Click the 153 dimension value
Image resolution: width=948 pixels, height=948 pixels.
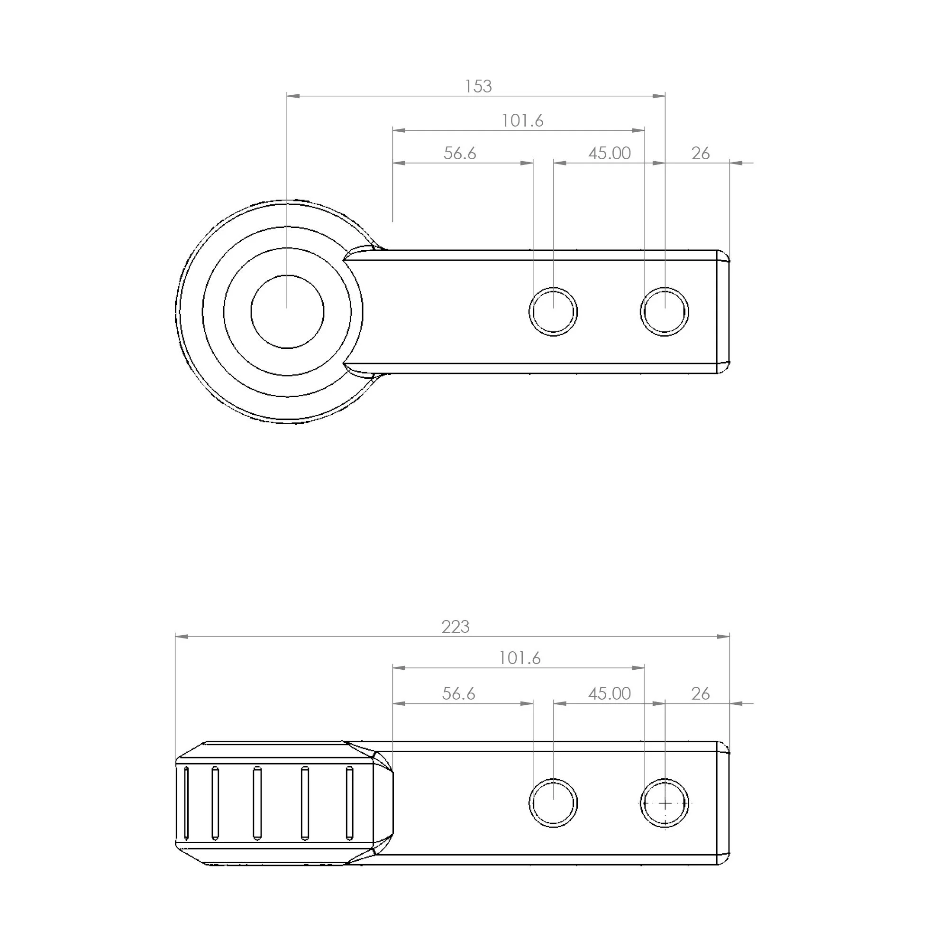(478, 86)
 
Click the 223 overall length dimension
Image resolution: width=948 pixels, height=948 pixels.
(456, 627)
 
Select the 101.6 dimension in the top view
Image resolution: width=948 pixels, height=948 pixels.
(522, 121)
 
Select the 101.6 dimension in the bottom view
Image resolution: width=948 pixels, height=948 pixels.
(520, 658)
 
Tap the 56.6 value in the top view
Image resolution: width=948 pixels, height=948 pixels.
(460, 153)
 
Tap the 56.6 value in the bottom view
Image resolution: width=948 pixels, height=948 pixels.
(458, 693)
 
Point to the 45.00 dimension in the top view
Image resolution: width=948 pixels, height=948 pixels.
(609, 153)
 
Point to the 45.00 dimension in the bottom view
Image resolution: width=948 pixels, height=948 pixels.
(609, 693)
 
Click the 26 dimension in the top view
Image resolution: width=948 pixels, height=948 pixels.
(700, 154)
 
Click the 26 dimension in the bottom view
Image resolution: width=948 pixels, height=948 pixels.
(700, 693)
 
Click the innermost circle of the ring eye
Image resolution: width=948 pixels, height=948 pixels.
(287, 311)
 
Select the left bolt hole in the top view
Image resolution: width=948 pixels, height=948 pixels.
(553, 311)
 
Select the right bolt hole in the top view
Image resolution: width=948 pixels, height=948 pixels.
(665, 311)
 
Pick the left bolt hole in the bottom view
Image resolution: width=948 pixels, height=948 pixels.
(553, 803)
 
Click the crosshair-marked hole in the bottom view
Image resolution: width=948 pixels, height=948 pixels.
(665, 804)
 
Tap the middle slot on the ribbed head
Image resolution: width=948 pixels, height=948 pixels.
(256, 803)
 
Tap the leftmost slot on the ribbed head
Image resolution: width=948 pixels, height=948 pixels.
(186, 803)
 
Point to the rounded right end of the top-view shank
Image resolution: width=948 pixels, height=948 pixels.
(723, 311)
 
